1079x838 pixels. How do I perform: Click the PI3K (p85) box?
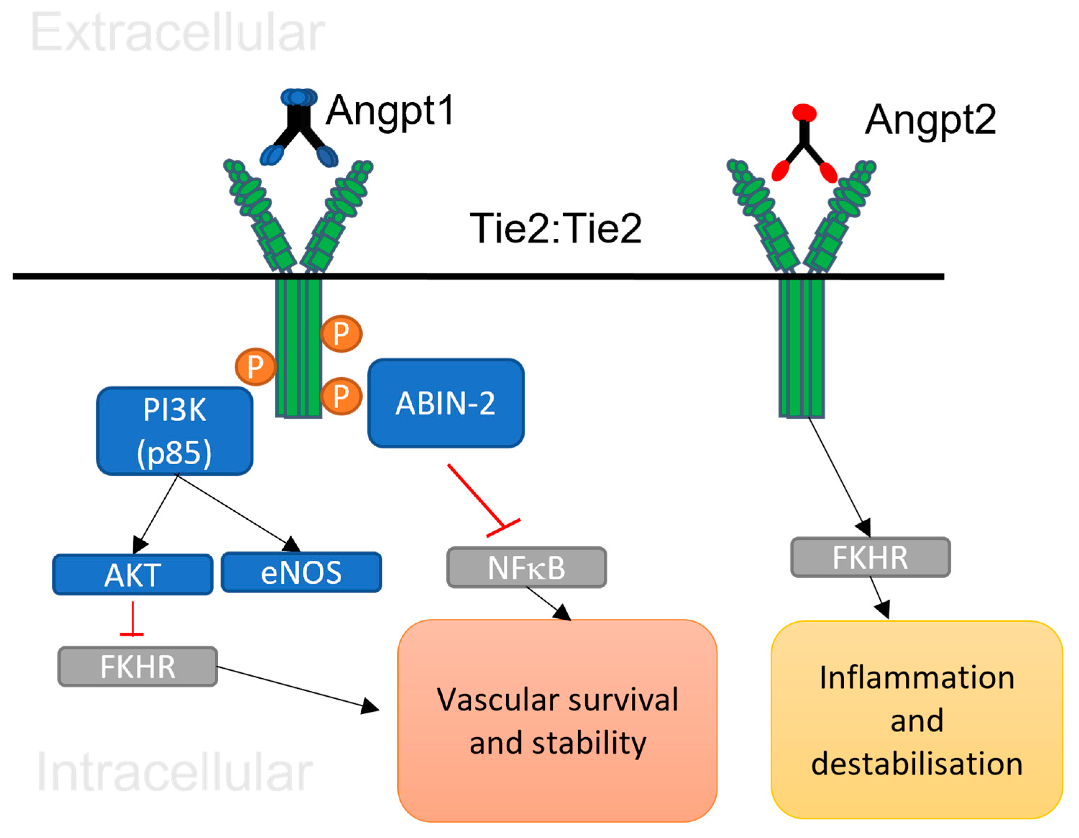pos(174,431)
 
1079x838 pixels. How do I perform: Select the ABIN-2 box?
pos(445,403)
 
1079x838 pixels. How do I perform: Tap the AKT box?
pos(132,575)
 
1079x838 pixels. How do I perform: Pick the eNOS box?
pos(301,572)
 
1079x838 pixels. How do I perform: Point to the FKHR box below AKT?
pos(137,666)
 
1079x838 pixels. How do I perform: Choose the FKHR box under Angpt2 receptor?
pos(870,557)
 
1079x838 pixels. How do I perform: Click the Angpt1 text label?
pos(390,111)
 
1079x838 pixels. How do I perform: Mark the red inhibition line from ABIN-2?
pos(477,497)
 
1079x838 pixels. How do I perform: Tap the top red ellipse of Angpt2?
pos(804,112)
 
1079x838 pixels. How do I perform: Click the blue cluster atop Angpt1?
pos(299,97)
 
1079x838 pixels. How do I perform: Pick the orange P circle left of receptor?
pos(255,366)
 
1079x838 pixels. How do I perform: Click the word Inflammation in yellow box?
pos(917,678)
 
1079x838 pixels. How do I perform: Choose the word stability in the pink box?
pos(589,743)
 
